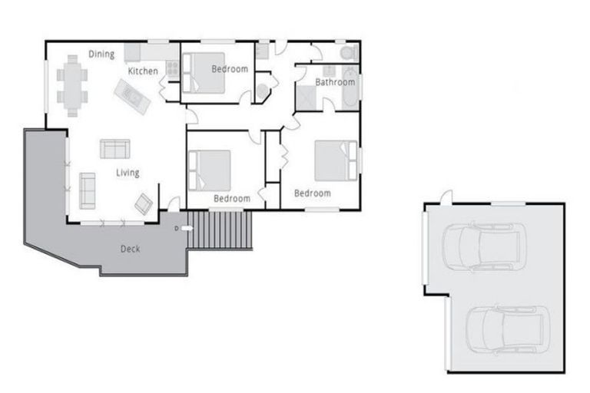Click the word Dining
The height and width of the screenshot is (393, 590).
pyautogui.click(x=101, y=54)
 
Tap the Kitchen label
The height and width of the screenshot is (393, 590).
pyautogui.click(x=143, y=71)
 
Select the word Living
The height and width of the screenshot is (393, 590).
pyautogui.click(x=128, y=173)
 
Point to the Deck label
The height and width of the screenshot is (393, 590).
pyautogui.click(x=130, y=249)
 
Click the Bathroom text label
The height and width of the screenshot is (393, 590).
pyautogui.click(x=335, y=82)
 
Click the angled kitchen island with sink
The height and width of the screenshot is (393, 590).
pyautogui.click(x=132, y=97)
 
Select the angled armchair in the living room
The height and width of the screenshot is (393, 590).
pyautogui.click(x=143, y=203)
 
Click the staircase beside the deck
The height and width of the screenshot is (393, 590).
pyautogui.click(x=220, y=230)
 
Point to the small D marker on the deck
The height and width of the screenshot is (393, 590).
pyautogui.click(x=177, y=228)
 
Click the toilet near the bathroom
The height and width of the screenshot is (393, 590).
pyautogui.click(x=348, y=52)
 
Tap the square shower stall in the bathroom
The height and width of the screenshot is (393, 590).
pyautogui.click(x=308, y=97)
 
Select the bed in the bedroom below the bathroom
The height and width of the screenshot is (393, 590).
pyautogui.click(x=336, y=160)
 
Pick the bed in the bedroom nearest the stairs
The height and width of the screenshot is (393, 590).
pyautogui.click(x=210, y=169)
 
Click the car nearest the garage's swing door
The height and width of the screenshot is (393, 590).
pyautogui.click(x=484, y=246)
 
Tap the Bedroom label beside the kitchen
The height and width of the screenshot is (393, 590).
pyautogui.click(x=230, y=69)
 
